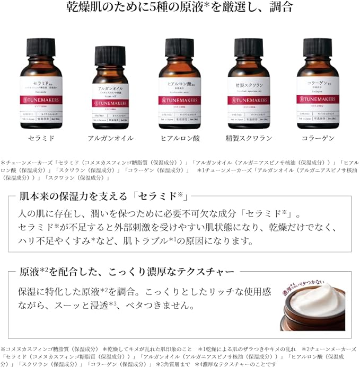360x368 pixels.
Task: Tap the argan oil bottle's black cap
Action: (x=110, y=56)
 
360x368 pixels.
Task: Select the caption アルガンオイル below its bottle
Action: (x=110, y=138)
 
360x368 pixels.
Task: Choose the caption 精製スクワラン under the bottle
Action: (x=249, y=138)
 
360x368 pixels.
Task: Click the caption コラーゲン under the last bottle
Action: (x=318, y=138)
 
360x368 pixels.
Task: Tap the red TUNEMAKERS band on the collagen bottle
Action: (x=318, y=99)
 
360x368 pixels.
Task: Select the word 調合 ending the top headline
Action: (x=282, y=7)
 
